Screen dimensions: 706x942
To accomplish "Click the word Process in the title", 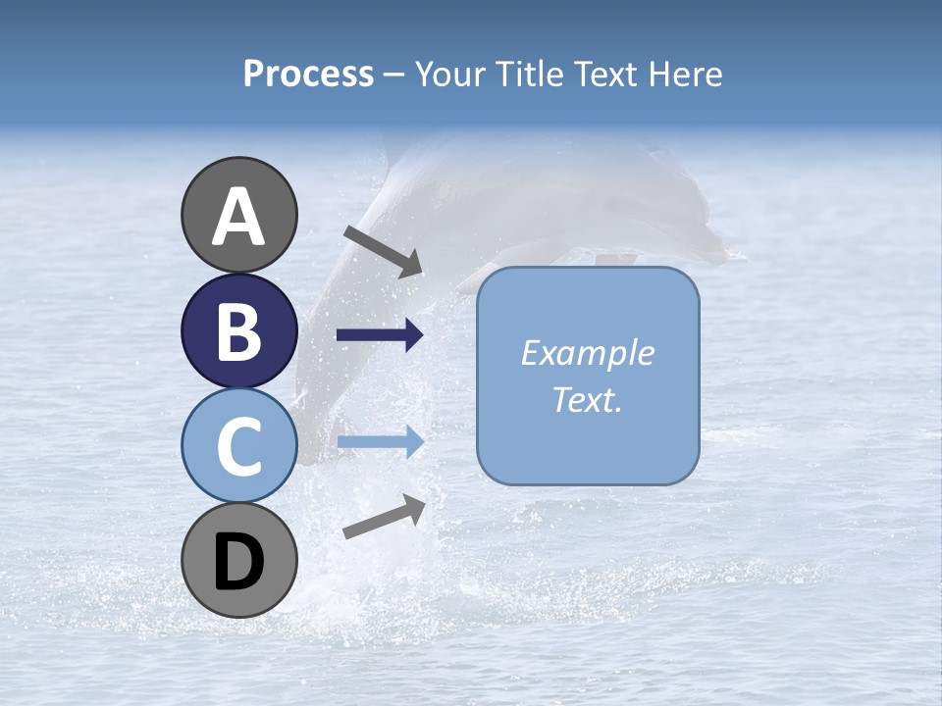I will (x=308, y=75).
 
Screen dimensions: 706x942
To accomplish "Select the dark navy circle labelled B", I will (x=239, y=330).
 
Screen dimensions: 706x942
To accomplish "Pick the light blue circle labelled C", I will (x=239, y=445).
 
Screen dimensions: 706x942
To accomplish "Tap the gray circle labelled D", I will (x=239, y=560).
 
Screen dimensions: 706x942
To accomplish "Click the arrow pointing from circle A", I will (x=383, y=251).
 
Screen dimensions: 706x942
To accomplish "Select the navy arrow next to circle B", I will (x=380, y=335).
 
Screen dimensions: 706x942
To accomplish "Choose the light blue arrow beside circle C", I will (x=380, y=442).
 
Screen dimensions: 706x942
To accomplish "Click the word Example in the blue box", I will (x=588, y=353).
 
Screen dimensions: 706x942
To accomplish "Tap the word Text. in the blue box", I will (x=588, y=399).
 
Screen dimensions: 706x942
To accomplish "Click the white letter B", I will (x=238, y=331).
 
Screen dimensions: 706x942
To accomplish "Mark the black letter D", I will (x=238, y=562).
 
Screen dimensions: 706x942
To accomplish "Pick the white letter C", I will (x=238, y=446).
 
